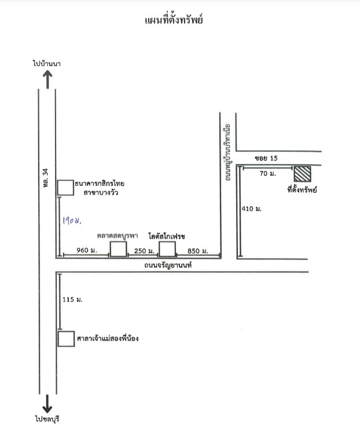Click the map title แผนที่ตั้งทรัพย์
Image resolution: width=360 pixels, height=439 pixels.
(174, 20)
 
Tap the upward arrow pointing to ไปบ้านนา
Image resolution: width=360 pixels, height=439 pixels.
(47, 79)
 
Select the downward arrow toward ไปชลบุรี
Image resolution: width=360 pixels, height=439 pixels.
(47, 404)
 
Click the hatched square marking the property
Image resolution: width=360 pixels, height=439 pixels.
(302, 174)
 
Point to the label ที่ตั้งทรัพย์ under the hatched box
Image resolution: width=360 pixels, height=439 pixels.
(302, 189)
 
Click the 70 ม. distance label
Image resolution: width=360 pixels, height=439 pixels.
(268, 174)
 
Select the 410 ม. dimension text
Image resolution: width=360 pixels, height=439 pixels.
(251, 208)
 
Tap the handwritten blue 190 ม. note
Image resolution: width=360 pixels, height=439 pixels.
(72, 221)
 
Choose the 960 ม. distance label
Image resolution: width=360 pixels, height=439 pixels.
(87, 250)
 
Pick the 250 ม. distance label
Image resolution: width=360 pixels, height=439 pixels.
(144, 251)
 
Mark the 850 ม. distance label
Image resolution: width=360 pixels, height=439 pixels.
(198, 251)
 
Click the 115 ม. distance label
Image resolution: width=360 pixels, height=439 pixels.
(72, 299)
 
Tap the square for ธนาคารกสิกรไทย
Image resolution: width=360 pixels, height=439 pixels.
(66, 188)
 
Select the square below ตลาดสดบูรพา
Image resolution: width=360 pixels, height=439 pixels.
(118, 249)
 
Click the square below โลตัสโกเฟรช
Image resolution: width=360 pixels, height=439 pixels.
(167, 249)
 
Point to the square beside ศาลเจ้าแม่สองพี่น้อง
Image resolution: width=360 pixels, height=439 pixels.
(67, 339)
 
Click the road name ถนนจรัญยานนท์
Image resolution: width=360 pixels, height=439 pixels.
(168, 265)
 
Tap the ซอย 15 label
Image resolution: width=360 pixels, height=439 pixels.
(266, 158)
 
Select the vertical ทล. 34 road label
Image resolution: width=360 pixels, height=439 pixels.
(46, 178)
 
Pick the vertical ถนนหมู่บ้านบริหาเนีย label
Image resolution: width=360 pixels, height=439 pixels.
(227, 152)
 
